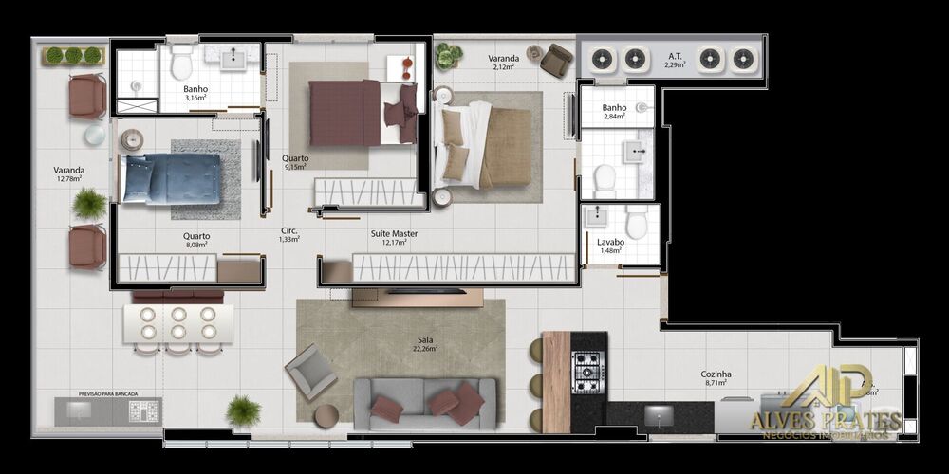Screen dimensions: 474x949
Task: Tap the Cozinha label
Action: (x=716, y=374)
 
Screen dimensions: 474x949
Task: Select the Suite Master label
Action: (x=394, y=233)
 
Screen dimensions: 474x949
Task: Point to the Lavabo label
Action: (x=611, y=242)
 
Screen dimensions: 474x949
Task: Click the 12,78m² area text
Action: (x=69, y=178)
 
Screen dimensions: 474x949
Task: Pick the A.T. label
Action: (x=675, y=56)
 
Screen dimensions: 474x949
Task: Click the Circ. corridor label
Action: (x=289, y=230)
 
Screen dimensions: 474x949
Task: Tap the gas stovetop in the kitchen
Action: (x=587, y=370)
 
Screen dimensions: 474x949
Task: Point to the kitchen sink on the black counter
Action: (x=659, y=414)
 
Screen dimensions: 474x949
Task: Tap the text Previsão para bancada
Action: (x=107, y=392)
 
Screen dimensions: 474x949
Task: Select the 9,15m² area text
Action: (x=294, y=167)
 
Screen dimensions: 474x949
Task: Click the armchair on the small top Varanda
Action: (x=557, y=61)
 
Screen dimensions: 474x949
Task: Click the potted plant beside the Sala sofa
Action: (x=243, y=410)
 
